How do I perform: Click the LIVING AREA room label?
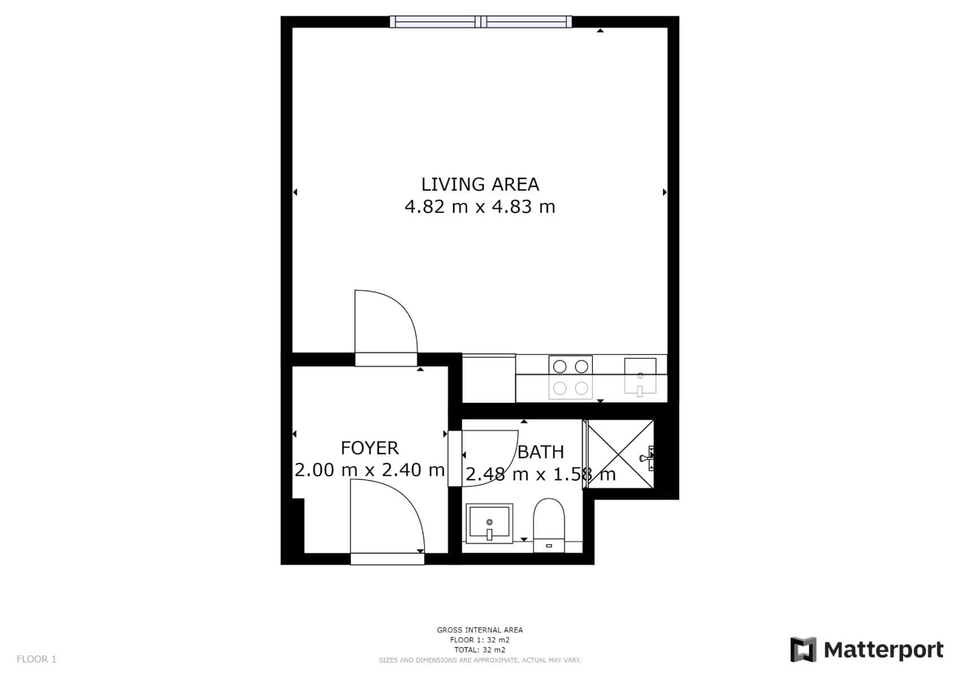[x=480, y=184]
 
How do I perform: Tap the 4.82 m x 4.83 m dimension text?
[x=480, y=207]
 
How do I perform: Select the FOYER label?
[x=370, y=448]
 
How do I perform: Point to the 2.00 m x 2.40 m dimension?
[x=370, y=470]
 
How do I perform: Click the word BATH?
[x=541, y=452]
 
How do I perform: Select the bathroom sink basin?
[x=490, y=523]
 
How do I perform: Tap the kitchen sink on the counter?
[x=640, y=376]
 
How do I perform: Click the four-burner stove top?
[x=570, y=377]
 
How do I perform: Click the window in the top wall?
[x=481, y=22]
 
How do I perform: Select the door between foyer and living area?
[x=386, y=328]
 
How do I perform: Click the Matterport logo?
[x=867, y=650]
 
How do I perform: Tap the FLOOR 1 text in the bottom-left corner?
[x=36, y=659]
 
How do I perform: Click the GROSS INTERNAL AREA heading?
[x=479, y=630]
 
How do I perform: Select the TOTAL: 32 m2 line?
[x=479, y=650]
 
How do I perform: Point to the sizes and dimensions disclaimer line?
[x=479, y=660]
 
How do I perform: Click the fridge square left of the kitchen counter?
[x=489, y=379]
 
